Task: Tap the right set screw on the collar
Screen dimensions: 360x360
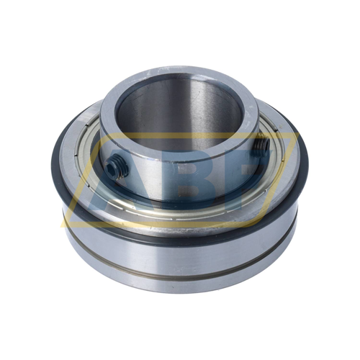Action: tap(260, 148)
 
